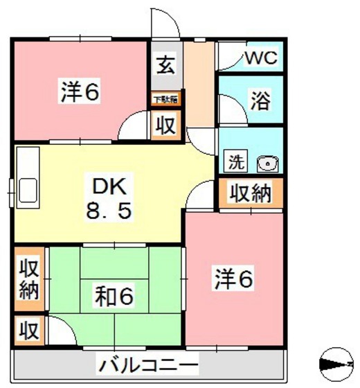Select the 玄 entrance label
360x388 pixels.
click(x=165, y=67)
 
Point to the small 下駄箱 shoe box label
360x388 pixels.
click(x=165, y=100)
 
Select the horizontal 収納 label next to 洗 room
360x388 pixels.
click(x=250, y=195)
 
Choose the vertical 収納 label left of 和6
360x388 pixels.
click(x=28, y=279)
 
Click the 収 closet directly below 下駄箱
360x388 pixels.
click(x=165, y=125)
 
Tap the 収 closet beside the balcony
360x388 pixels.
click(x=28, y=328)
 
